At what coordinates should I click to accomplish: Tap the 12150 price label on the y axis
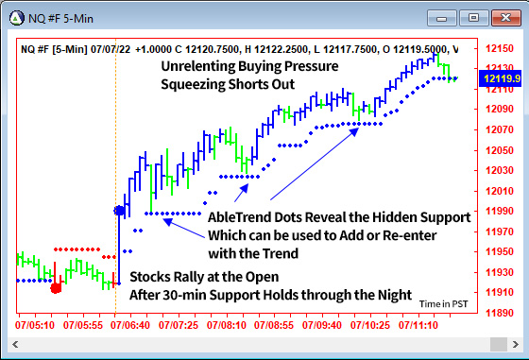[x=499, y=47]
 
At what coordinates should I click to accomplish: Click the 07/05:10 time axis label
[x=35, y=324]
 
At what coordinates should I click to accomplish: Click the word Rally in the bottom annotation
[x=188, y=277]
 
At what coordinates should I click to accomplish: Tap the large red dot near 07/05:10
[x=56, y=286]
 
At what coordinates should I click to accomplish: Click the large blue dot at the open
[x=119, y=211]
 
